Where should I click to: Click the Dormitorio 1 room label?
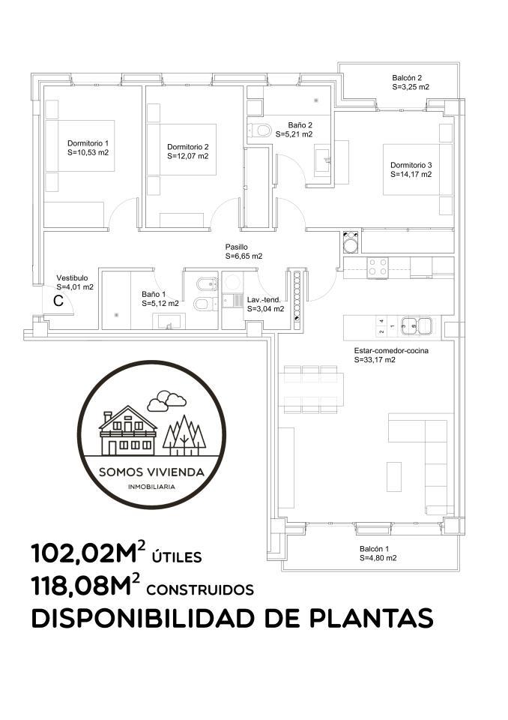coord(88,143)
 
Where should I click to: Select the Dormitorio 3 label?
coord(411,165)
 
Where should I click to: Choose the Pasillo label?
coord(236,247)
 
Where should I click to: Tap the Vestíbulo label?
coord(72,277)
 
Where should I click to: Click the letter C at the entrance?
coord(58,301)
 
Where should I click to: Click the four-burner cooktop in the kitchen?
coord(377,267)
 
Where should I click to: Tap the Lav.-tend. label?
coord(264,300)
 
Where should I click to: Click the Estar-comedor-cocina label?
coord(391,350)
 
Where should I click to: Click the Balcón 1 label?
coord(375,549)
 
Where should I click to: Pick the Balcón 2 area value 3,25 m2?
coord(411,87)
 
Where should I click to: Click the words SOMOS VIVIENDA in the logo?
coord(152,472)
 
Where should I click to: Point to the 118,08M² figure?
coord(85,586)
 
